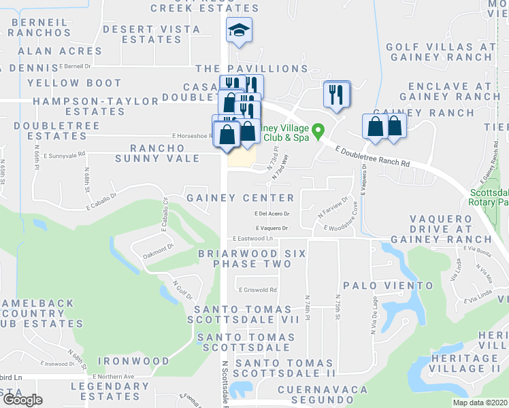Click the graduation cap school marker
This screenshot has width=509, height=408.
pyautogui.click(x=238, y=31)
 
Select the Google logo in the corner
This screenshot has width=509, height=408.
pyautogui.click(x=22, y=399)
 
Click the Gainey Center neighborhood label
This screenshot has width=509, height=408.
pyautogui.click(x=240, y=198)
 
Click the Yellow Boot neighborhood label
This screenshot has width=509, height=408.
pyautogui.click(x=74, y=84)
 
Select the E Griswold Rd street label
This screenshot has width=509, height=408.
pyautogui.click(x=257, y=290)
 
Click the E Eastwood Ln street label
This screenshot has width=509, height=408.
pyautogui.click(x=252, y=239)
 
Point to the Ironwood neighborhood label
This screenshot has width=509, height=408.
pyautogui.click(x=133, y=360)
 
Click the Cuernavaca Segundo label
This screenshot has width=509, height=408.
pyautogui.click(x=323, y=395)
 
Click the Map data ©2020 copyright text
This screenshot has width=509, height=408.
pyautogui.click(x=479, y=403)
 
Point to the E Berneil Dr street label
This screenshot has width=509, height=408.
pyautogui.click(x=75, y=67)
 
